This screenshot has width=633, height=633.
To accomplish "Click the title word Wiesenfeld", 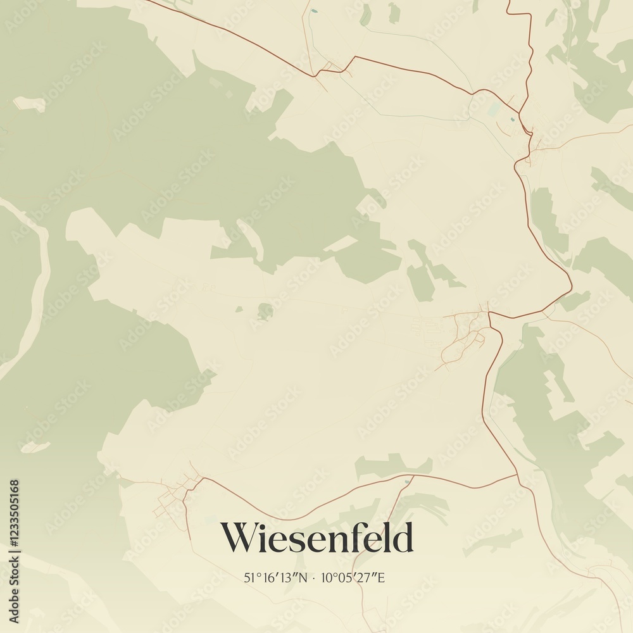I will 316,538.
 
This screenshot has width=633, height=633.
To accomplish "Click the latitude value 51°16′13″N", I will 275,577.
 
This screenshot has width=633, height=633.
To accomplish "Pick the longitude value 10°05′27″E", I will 353,577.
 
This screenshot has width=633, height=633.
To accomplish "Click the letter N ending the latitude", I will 303,577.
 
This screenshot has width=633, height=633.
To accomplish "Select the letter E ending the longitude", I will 381,577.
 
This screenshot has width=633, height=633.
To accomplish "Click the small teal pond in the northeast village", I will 511,118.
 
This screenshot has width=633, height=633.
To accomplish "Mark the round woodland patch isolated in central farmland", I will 265,311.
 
